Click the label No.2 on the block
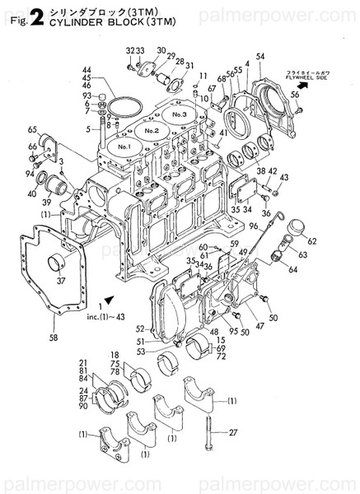151,131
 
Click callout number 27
232,433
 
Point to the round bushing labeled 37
58,265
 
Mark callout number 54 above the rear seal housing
259,56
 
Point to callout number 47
263,326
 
